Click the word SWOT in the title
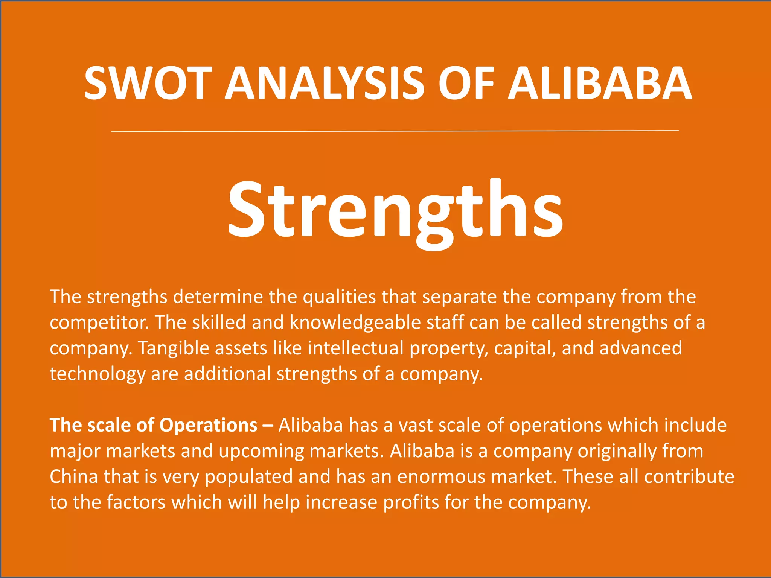pos(145,83)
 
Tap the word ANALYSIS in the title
pos(325,83)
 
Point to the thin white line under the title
pos(395,131)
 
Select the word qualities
pos(339,297)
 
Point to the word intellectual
pos(355,348)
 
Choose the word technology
pos(98,374)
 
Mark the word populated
pos(249,477)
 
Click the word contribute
pos(689,476)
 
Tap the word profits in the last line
pos(411,502)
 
